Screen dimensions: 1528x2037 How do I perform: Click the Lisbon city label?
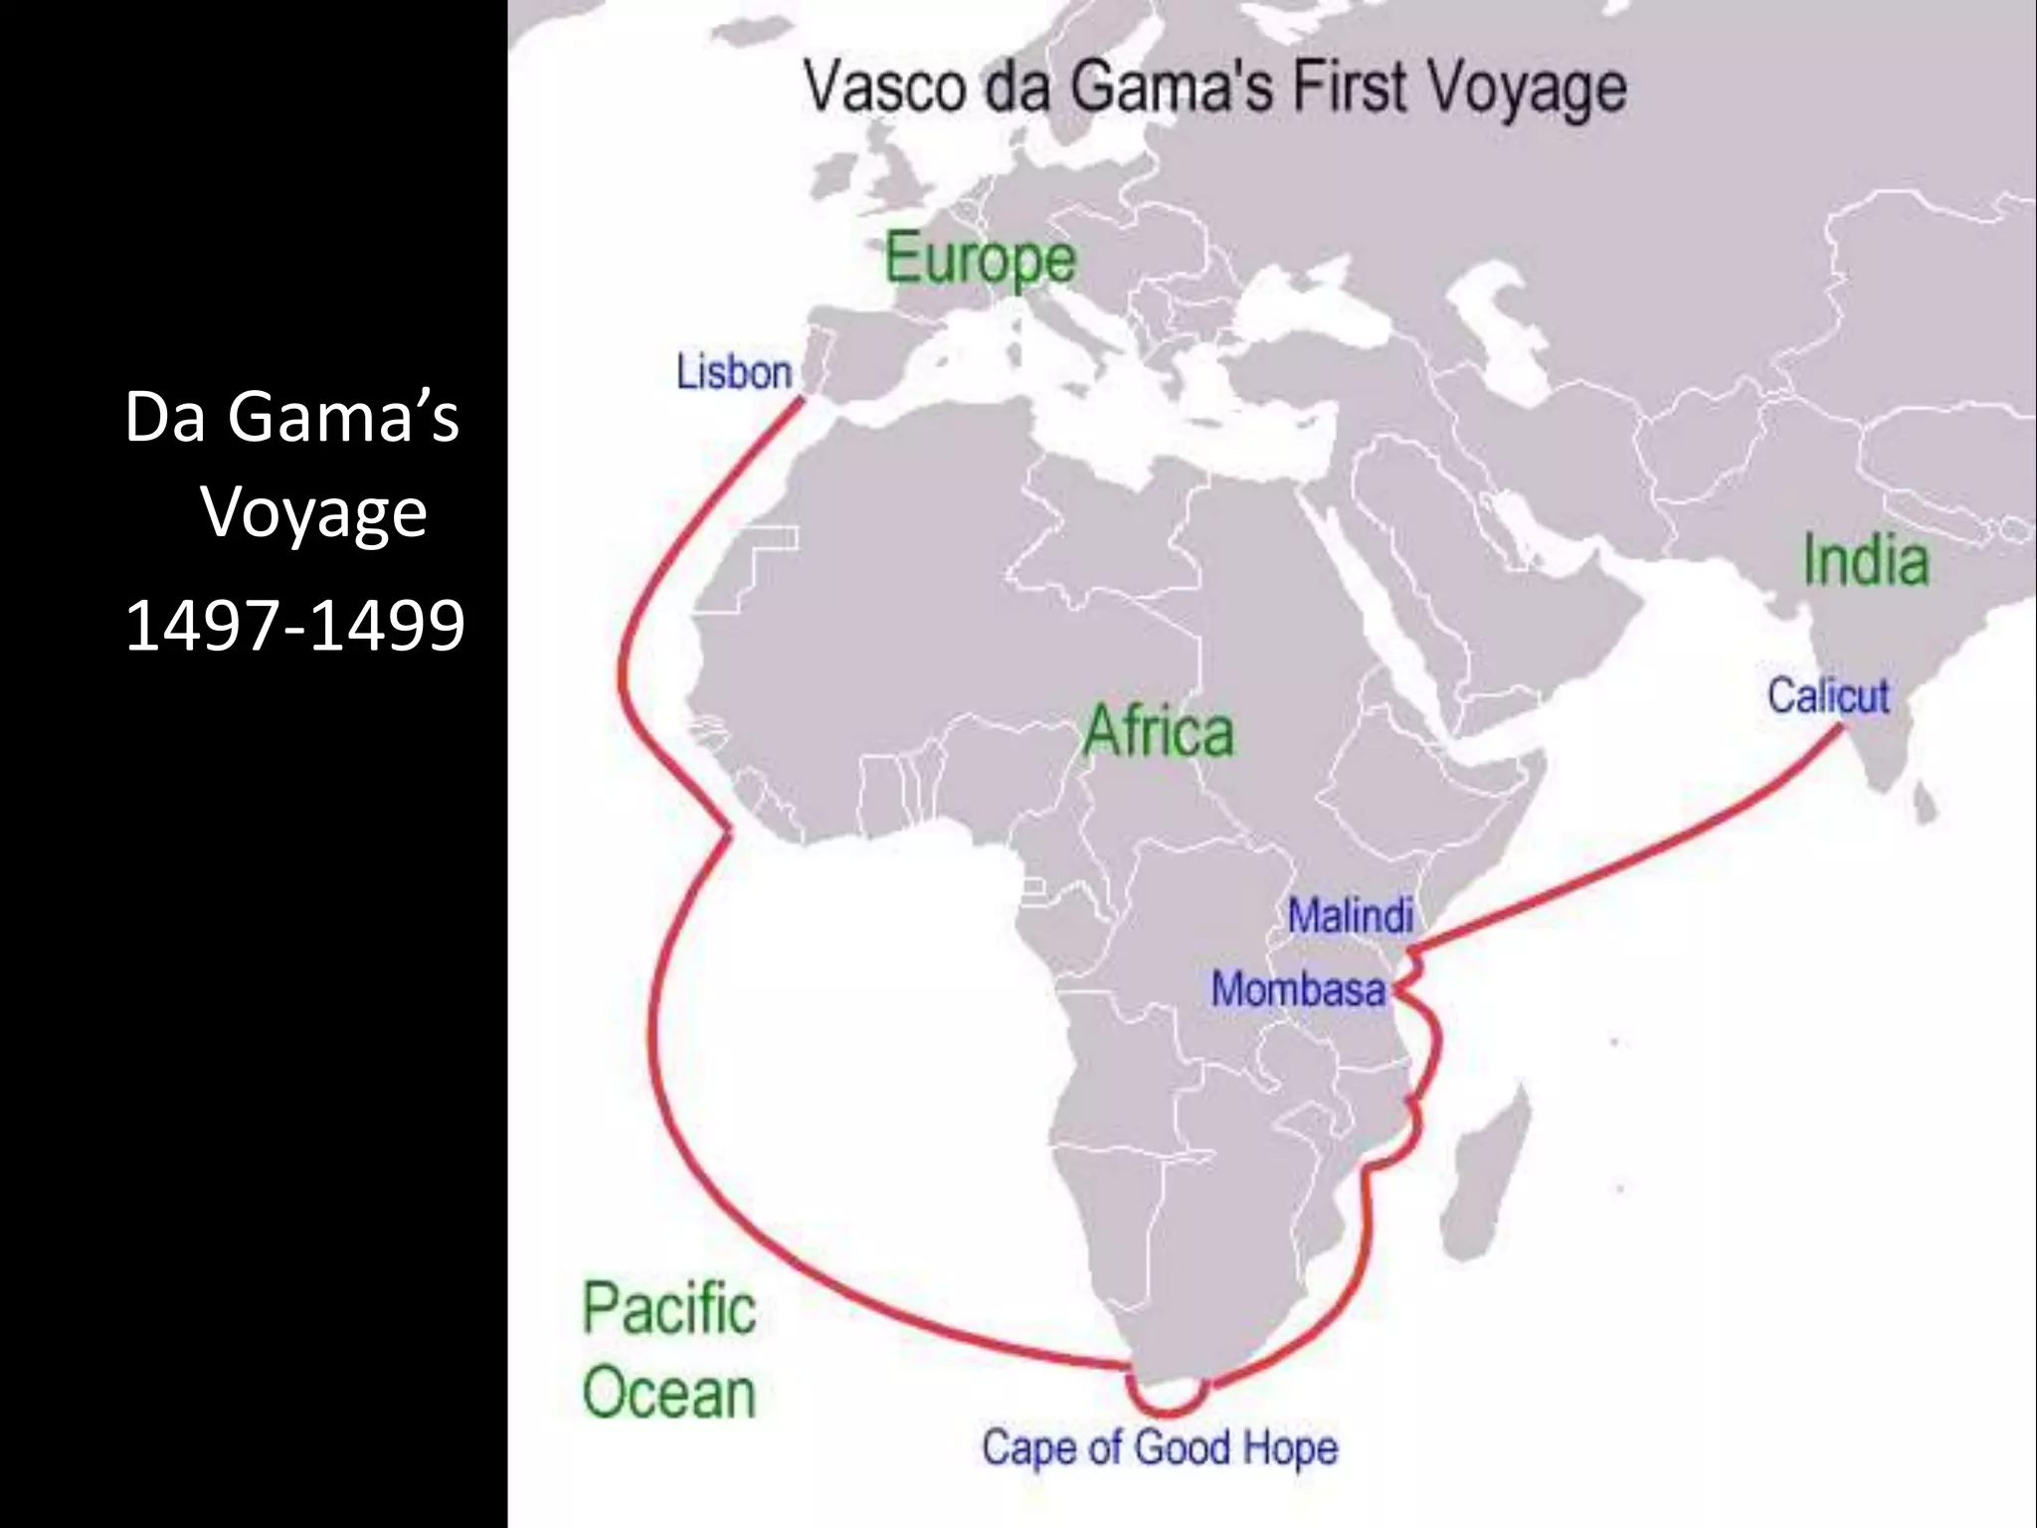(734, 372)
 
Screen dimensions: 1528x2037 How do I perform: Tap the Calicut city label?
(1827, 695)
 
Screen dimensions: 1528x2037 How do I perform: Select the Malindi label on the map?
(1350, 915)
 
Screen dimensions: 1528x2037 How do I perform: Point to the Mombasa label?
(1297, 989)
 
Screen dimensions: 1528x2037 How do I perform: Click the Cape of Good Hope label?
(1159, 1447)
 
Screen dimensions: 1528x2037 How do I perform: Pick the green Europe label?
(980, 259)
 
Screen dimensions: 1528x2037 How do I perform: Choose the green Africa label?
(1158, 731)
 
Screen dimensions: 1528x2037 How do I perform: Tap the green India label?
(1866, 560)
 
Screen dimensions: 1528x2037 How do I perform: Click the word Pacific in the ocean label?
(668, 1308)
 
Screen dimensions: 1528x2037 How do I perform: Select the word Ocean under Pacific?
(668, 1393)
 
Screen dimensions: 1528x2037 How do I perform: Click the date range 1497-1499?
(294, 625)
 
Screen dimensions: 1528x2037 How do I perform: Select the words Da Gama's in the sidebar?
(291, 416)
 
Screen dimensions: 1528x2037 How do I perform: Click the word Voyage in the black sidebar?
(314, 513)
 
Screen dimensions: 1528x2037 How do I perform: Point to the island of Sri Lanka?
(1927, 801)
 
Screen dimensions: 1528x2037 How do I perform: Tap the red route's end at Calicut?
(1840, 728)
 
